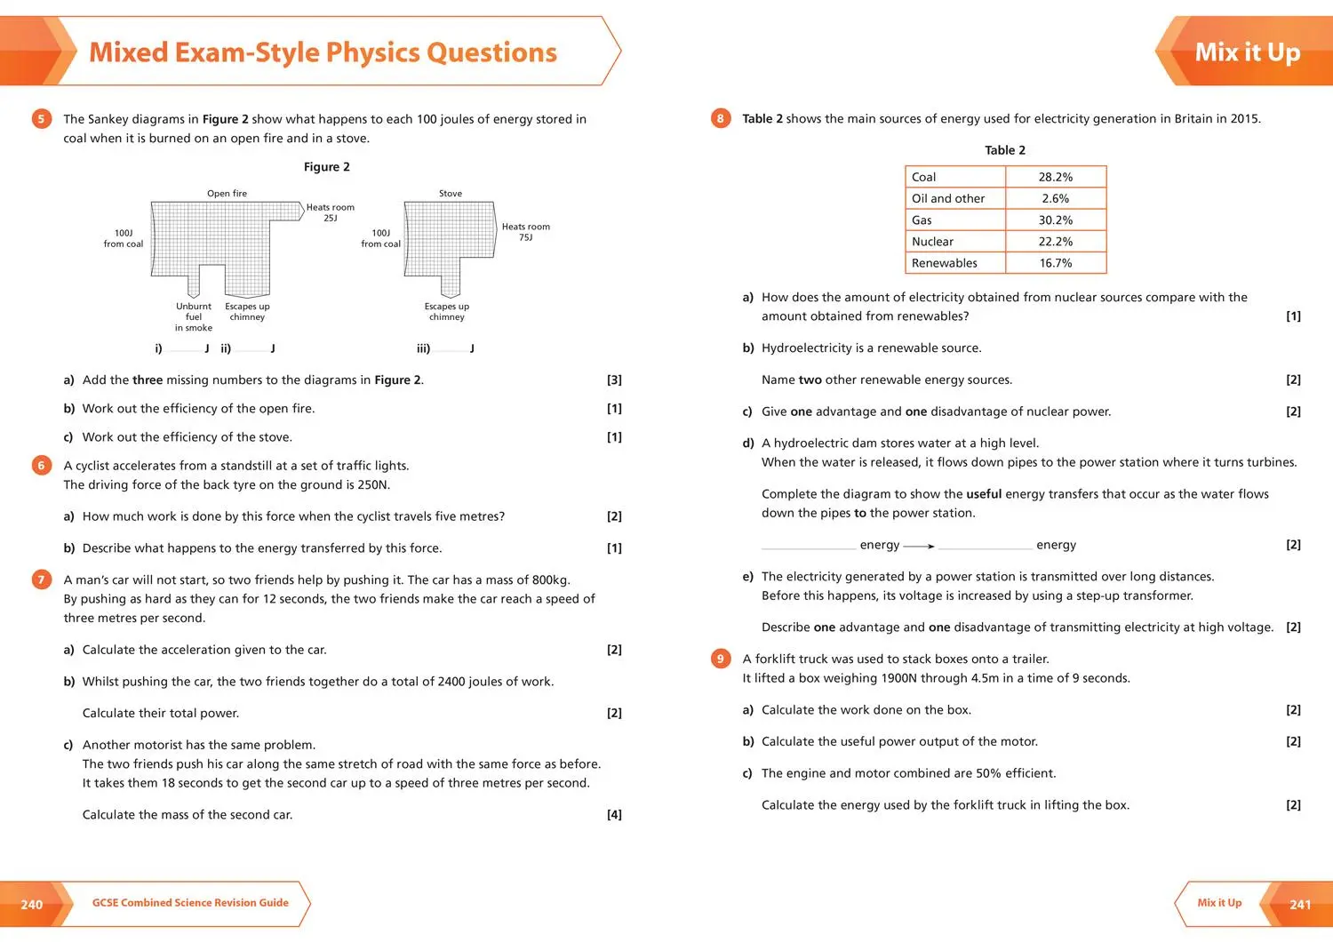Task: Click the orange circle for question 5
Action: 41,118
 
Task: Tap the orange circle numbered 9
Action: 721,659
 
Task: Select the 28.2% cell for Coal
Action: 1055,177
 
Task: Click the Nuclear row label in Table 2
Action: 932,242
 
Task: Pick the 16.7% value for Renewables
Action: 1055,263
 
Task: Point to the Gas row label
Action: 922,220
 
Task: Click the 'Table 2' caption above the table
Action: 1005,150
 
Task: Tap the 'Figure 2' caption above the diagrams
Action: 326,167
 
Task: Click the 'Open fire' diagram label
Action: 227,194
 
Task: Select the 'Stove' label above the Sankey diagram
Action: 451,194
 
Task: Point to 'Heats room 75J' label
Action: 525,232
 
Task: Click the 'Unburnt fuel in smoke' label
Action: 194,317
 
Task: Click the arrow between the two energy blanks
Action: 919,546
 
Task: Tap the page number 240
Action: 32,905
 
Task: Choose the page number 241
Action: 1300,905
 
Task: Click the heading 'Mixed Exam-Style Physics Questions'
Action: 323,52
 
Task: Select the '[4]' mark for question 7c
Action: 614,815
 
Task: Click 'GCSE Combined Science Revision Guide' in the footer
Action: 190,903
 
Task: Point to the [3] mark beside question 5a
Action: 614,380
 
